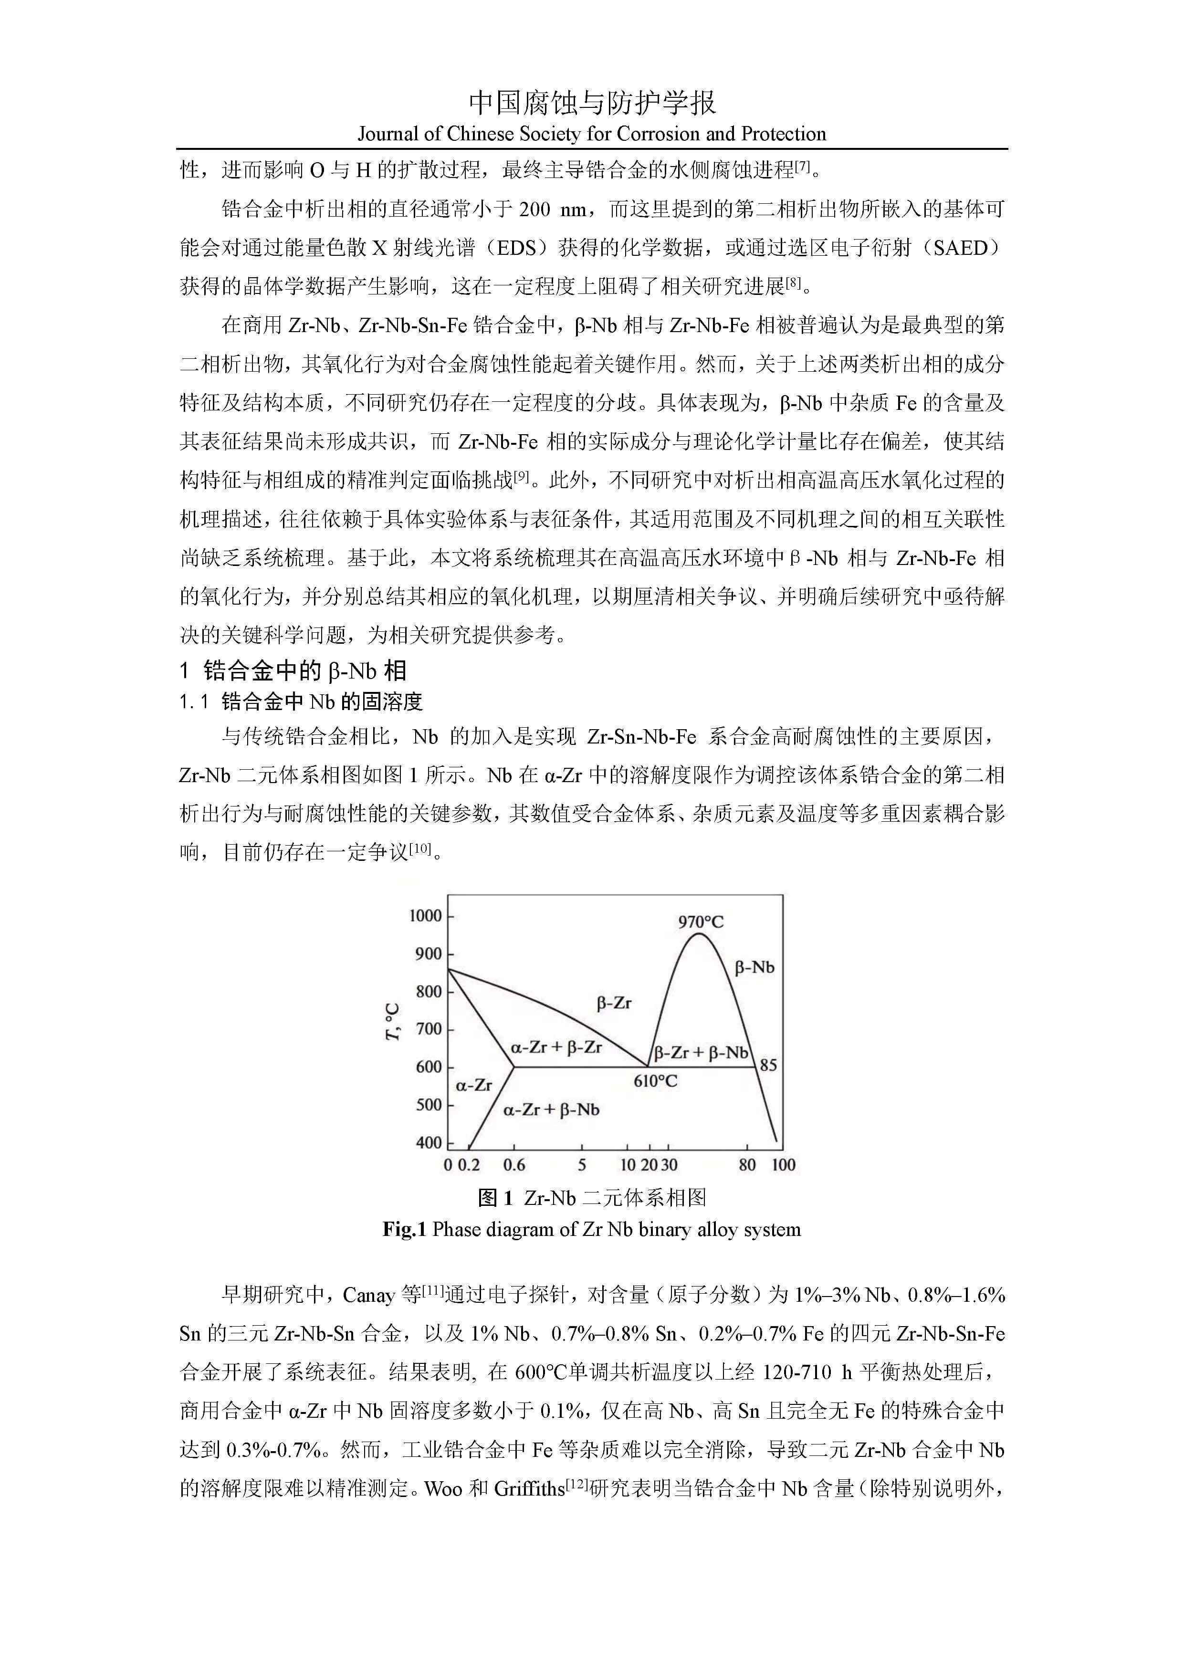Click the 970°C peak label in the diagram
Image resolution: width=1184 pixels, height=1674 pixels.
(701, 921)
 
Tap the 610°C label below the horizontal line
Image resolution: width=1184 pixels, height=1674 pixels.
(655, 1080)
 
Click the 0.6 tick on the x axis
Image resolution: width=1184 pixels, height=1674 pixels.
(514, 1164)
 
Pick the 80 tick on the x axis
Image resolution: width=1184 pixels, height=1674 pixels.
(747, 1164)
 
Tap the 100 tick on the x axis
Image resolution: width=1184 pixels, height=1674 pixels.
(783, 1164)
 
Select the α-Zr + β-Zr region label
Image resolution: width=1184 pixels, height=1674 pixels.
(556, 1048)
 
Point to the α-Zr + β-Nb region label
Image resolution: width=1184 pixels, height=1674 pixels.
(551, 1109)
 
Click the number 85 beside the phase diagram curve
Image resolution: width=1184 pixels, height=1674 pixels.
(768, 1065)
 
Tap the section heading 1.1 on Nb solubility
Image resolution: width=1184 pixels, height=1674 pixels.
(301, 701)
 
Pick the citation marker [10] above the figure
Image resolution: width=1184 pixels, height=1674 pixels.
(420, 848)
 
